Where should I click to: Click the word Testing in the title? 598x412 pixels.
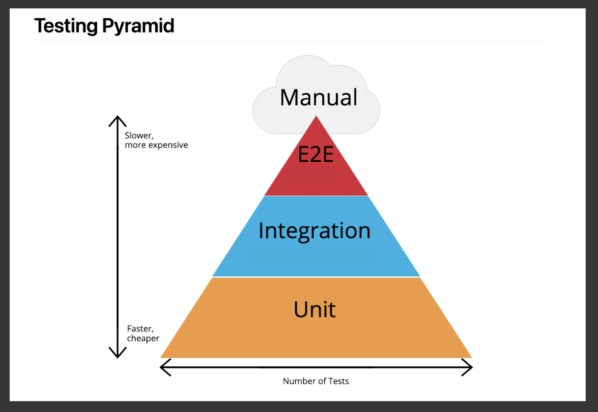(x=66, y=26)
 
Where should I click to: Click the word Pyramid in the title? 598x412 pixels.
(x=138, y=26)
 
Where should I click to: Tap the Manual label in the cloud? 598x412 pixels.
(x=318, y=97)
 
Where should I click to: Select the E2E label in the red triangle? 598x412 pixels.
(x=316, y=154)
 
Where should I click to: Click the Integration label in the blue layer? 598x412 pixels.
(x=314, y=231)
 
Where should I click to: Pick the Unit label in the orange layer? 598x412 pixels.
(x=314, y=310)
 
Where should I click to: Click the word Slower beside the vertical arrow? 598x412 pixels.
(x=139, y=136)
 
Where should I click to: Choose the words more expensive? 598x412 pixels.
(x=156, y=145)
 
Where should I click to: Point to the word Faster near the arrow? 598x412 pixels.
(x=140, y=329)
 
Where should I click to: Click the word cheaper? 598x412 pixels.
(x=143, y=339)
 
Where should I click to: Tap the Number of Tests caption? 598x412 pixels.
(x=316, y=381)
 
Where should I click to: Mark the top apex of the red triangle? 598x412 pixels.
(x=316, y=117)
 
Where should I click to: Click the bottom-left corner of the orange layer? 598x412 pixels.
(x=161, y=357)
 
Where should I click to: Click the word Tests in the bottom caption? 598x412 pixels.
(x=339, y=381)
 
